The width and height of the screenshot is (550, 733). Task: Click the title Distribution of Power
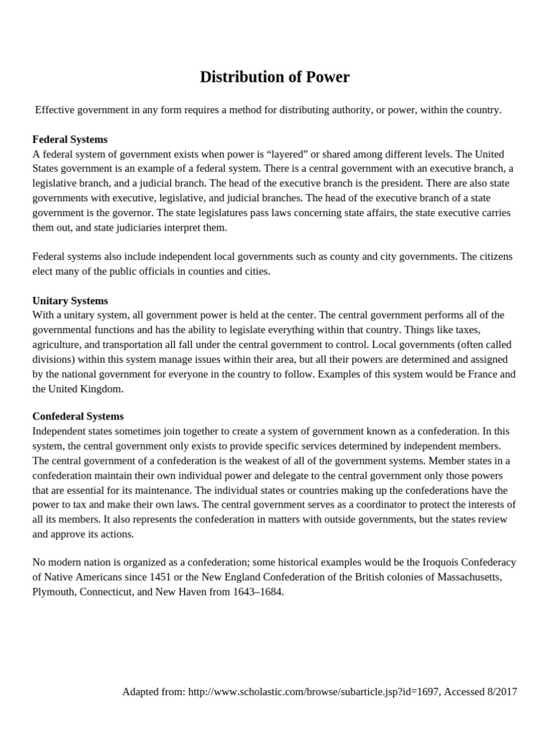(x=275, y=77)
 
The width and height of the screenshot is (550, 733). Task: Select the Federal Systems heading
(x=70, y=140)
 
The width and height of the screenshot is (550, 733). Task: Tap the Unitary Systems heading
(x=70, y=301)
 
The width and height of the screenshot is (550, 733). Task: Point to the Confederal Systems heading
(x=78, y=416)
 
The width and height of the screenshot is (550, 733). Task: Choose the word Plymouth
(x=54, y=592)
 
